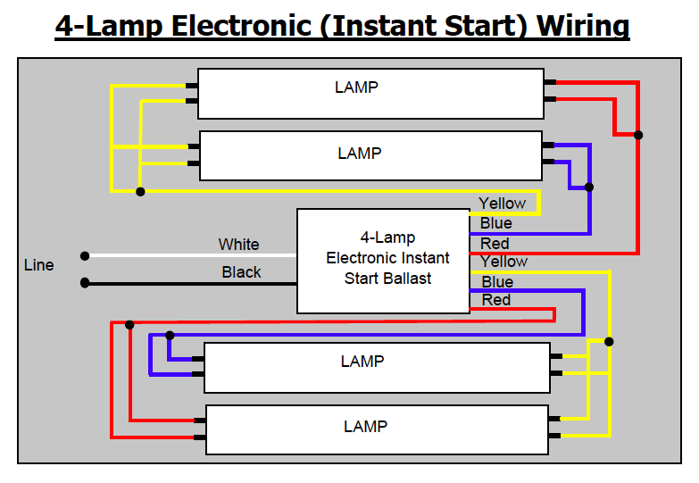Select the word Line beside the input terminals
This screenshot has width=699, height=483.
pos(38,265)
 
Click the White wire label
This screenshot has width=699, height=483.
pos(238,245)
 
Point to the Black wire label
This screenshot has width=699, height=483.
pos(241,272)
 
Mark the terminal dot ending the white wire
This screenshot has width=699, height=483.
pos(85,256)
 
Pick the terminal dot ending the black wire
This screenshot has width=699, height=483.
pos(85,283)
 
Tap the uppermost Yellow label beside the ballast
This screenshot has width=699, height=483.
pos(502,204)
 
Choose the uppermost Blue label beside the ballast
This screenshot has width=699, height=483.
pos(495,223)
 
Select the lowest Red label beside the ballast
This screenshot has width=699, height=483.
pos(495,300)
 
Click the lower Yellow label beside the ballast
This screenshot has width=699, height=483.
pos(503,262)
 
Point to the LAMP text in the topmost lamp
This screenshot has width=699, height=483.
pos(356,87)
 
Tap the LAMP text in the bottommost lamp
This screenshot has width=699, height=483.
pos(365,427)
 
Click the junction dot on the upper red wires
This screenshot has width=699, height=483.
pos(638,135)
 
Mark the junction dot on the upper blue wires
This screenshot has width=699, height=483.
pos(588,187)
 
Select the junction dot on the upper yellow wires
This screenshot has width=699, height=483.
pos(140,191)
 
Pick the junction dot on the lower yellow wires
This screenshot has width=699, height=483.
pos(610,341)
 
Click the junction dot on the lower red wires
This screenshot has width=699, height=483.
pos(130,324)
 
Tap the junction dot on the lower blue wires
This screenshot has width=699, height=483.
pos(170,336)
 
